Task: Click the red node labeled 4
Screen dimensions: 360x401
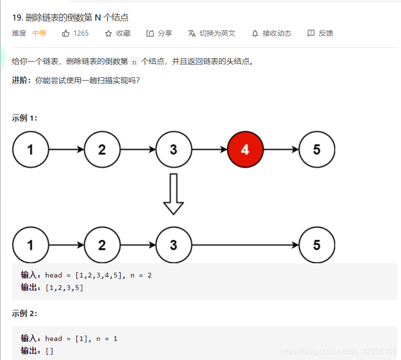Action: pyautogui.click(x=245, y=149)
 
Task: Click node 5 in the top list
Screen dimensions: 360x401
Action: pyautogui.click(x=317, y=149)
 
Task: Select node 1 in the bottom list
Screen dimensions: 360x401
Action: pyautogui.click(x=31, y=245)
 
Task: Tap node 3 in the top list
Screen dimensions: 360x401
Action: pyautogui.click(x=174, y=149)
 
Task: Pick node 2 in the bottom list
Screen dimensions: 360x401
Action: pyautogui.click(x=102, y=245)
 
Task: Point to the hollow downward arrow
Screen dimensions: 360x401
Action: pyautogui.click(x=174, y=194)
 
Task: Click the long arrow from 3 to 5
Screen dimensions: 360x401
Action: pyautogui.click(x=245, y=245)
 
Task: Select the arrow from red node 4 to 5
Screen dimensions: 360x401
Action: pyautogui.click(x=281, y=149)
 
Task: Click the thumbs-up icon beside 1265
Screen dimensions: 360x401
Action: pyautogui.click(x=66, y=33)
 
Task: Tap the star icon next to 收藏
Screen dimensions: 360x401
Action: pyautogui.click(x=108, y=33)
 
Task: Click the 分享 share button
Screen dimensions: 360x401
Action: pyautogui.click(x=159, y=33)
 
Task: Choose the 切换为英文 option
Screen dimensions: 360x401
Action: pyautogui.click(x=212, y=33)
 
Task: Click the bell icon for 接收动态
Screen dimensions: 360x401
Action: pyautogui.click(x=255, y=33)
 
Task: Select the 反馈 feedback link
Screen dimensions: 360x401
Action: pyautogui.click(x=320, y=33)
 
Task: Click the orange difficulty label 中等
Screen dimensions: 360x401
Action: pyautogui.click(x=39, y=33)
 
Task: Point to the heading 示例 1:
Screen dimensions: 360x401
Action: pyautogui.click(x=24, y=118)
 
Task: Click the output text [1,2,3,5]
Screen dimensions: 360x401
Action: pyautogui.click(x=64, y=287)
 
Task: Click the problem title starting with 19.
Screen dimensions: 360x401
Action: pyautogui.click(x=70, y=18)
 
